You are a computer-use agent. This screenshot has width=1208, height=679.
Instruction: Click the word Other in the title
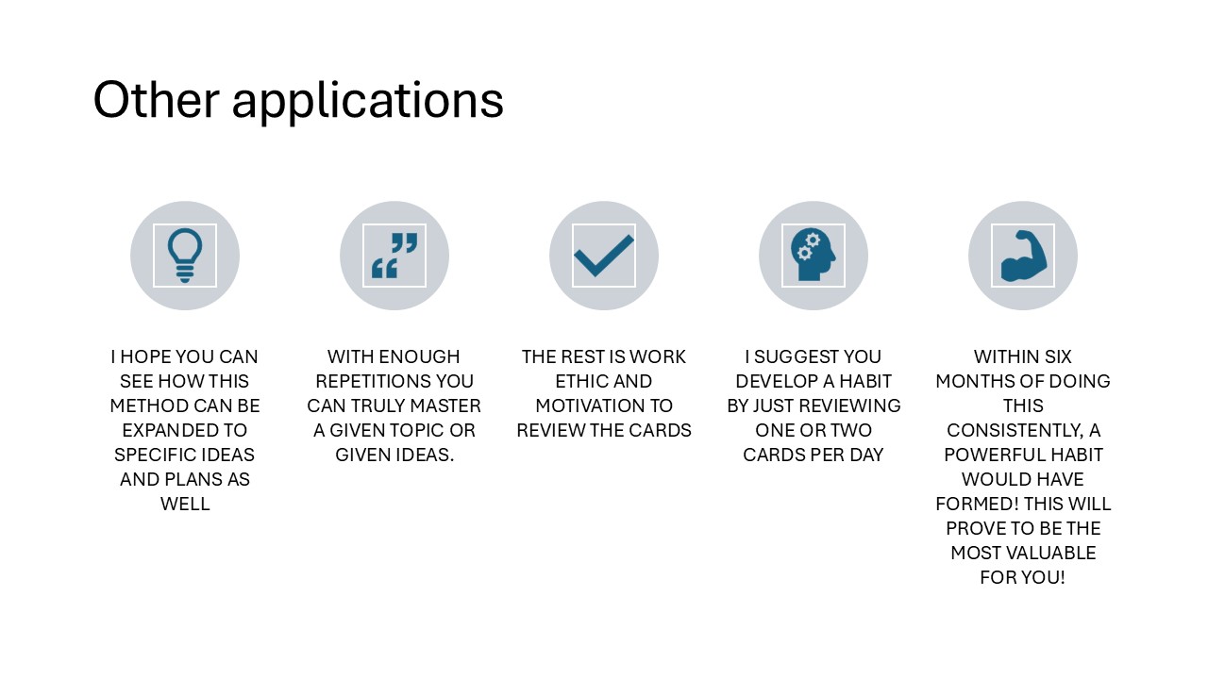157,99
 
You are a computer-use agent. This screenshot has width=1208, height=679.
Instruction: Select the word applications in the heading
368,103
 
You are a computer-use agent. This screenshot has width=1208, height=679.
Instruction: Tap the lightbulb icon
185,256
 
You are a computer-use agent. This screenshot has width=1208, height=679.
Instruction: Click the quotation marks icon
394,256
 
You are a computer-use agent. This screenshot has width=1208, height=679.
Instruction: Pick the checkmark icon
604,256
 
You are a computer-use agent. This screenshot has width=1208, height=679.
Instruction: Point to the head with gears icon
814,256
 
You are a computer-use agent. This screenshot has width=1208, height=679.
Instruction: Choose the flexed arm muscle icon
1023,256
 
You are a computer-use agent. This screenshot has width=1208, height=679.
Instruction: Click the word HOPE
145,356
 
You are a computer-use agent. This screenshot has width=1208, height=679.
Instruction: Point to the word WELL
185,504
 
